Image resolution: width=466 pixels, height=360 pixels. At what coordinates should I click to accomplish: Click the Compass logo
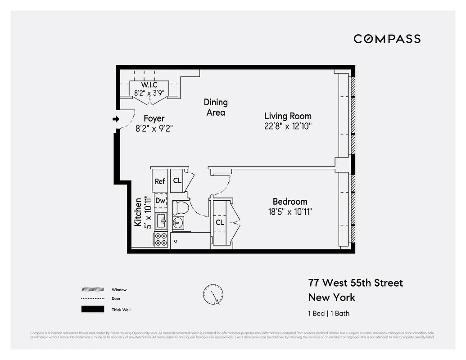coord(387,39)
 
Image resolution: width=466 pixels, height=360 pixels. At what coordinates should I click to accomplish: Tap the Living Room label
coord(288,116)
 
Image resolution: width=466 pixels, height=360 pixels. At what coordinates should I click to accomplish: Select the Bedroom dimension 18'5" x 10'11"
coord(290,211)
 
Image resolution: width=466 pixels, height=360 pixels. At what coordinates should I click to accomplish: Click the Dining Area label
coord(216,108)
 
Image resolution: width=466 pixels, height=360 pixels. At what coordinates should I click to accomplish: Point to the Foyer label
coord(154,118)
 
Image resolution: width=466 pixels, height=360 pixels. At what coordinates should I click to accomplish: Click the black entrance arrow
coord(116,119)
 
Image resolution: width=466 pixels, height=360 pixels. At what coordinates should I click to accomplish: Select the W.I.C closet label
coord(149,85)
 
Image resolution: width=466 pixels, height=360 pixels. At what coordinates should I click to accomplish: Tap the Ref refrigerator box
coord(160,181)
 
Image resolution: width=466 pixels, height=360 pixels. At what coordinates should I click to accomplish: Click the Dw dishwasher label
coord(161,200)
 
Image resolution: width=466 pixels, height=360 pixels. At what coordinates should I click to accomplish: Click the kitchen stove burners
coord(161,239)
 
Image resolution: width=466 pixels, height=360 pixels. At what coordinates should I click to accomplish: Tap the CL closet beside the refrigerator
coord(177,181)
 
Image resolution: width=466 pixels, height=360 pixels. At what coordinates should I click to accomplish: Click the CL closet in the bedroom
coord(220,222)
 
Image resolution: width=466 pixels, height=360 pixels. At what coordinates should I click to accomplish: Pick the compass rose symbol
coord(213,295)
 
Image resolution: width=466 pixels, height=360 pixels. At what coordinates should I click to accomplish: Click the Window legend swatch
coord(90,289)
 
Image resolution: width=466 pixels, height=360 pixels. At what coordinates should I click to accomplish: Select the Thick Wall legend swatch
coord(90,309)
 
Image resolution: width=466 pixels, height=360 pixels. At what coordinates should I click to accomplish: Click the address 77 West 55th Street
coord(355,283)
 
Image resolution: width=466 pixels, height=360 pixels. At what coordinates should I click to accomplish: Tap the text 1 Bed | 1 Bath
coord(328,314)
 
